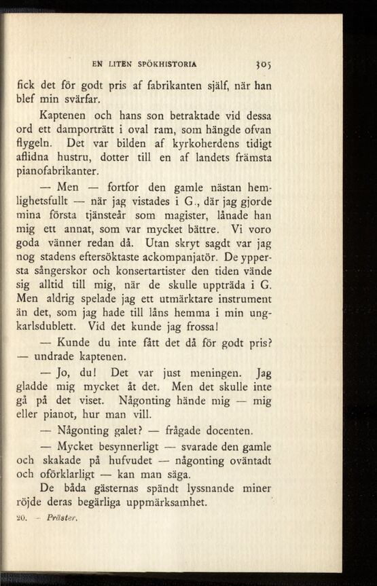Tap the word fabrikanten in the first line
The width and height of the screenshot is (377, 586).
[183, 88]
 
